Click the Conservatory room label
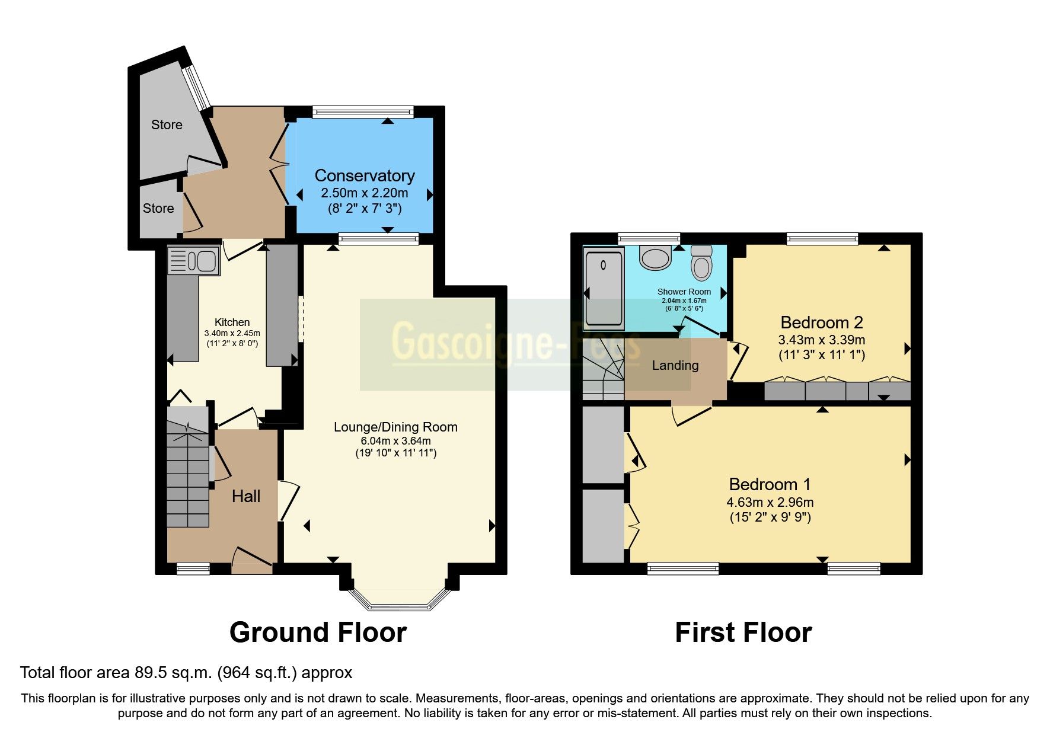click(364, 175)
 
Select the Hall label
click(246, 496)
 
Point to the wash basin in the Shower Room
click(655, 258)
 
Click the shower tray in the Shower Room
click(604, 289)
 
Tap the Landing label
click(675, 365)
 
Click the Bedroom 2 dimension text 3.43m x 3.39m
click(821, 340)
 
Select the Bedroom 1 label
click(770, 484)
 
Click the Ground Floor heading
click(318, 632)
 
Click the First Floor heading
click(743, 632)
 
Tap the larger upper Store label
click(167, 124)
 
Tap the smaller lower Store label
click(158, 208)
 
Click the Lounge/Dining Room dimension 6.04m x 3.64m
click(395, 441)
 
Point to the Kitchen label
click(232, 322)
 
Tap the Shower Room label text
click(684, 292)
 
